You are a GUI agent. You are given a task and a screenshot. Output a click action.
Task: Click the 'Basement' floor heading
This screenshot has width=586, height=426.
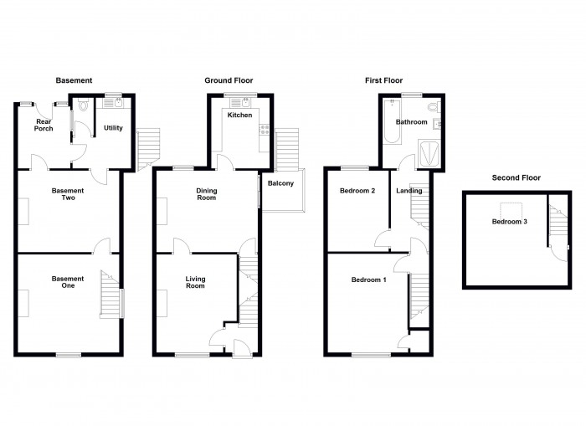coord(74,80)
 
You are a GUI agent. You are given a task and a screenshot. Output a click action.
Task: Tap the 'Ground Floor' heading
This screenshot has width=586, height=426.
coord(228,80)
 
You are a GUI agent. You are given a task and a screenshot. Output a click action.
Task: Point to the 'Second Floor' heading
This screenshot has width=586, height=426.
coord(516,177)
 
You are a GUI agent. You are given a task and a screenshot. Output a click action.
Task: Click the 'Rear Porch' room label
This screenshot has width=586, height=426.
coord(44,126)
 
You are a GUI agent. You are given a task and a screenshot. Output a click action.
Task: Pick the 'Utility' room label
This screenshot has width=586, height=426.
coord(113,128)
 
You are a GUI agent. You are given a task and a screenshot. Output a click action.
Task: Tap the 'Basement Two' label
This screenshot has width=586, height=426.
coord(68,195)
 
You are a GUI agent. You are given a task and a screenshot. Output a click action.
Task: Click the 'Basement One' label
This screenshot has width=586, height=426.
coord(68,283)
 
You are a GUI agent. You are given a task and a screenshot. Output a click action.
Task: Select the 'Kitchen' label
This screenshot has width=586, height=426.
coord(239,115)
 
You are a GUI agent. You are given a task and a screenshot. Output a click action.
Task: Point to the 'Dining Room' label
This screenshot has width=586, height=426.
coord(206,194)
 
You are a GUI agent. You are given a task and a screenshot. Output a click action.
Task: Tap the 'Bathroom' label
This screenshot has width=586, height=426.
coord(412,122)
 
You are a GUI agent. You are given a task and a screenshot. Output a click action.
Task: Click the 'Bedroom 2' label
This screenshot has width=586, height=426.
coord(357,191)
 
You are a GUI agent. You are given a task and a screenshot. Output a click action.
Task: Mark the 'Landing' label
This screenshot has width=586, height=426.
coord(409,191)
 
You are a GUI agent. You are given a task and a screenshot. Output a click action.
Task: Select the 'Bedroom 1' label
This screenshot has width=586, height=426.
coord(368,280)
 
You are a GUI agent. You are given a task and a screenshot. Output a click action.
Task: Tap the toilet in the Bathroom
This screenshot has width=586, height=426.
coord(432,108)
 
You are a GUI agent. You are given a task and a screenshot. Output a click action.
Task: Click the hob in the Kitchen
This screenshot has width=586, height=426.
coord(265,130)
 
